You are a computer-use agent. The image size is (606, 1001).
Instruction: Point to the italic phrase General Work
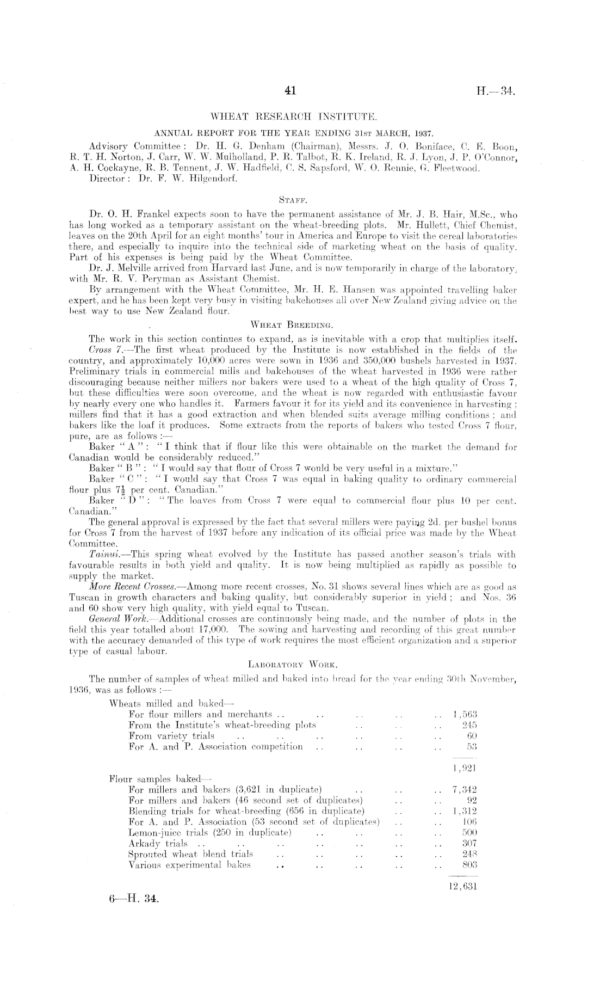point(111,619)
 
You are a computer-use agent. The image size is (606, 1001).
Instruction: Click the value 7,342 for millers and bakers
point(464,790)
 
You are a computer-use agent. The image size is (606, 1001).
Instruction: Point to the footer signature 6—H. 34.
point(134,899)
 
